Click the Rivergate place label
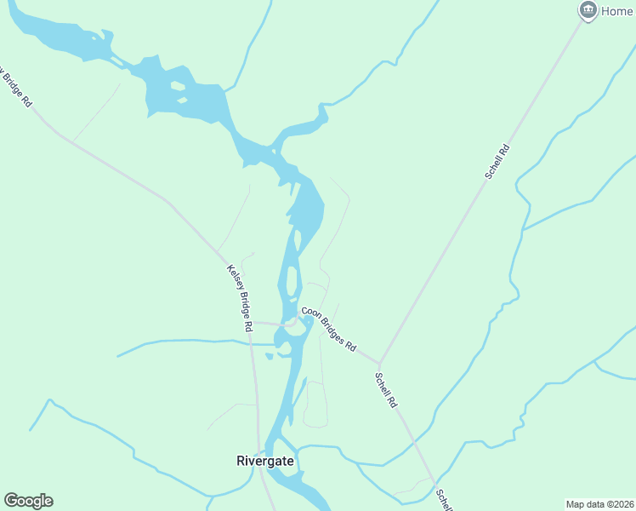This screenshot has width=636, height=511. coord(265,461)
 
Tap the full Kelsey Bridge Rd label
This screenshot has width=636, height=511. coord(241,298)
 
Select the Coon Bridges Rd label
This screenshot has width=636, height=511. coord(328,330)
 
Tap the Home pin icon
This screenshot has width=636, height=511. coord(587,11)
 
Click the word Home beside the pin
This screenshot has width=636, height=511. coord(617,11)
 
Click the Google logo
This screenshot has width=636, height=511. coord(28,501)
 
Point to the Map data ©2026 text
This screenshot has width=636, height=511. coord(599,503)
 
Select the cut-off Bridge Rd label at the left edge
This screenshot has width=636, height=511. coord(16,87)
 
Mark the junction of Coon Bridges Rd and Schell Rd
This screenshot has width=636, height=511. coord(378,363)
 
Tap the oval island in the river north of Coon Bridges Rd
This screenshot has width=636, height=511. coord(292,280)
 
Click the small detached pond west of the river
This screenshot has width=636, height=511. coord(269,355)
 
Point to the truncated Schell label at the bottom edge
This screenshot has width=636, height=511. coord(444,500)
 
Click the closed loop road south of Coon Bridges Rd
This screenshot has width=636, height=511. coord(315,405)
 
